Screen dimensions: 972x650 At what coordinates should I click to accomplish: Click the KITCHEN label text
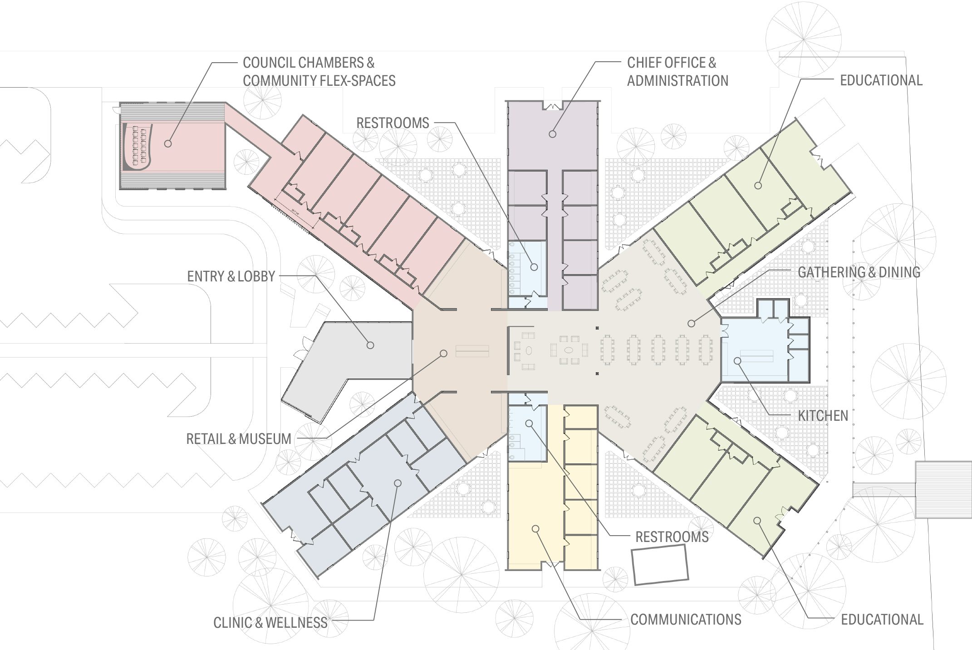click(823, 416)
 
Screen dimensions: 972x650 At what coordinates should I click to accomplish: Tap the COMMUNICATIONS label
click(686, 620)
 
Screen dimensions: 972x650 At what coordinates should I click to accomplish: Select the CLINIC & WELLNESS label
click(270, 623)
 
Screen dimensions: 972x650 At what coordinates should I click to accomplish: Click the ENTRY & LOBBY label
click(231, 276)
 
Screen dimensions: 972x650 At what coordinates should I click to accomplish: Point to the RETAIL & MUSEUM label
click(239, 439)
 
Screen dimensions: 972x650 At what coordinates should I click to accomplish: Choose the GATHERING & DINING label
click(859, 272)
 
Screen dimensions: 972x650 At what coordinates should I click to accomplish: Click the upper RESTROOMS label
click(393, 123)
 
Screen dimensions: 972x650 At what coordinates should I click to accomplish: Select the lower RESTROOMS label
click(672, 537)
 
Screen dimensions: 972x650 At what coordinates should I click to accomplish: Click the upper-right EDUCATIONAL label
click(881, 80)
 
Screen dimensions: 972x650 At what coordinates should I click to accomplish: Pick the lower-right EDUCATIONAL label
click(882, 620)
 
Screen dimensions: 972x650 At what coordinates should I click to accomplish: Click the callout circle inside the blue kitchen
click(737, 361)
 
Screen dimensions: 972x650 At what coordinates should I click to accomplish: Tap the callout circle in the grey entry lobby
click(370, 345)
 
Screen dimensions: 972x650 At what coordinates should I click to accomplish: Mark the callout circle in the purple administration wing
click(552, 134)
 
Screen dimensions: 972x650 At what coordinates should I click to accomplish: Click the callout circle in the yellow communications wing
click(535, 529)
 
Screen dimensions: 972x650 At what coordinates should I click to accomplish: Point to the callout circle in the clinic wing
click(398, 483)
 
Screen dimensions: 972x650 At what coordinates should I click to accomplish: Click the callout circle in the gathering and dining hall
click(691, 324)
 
